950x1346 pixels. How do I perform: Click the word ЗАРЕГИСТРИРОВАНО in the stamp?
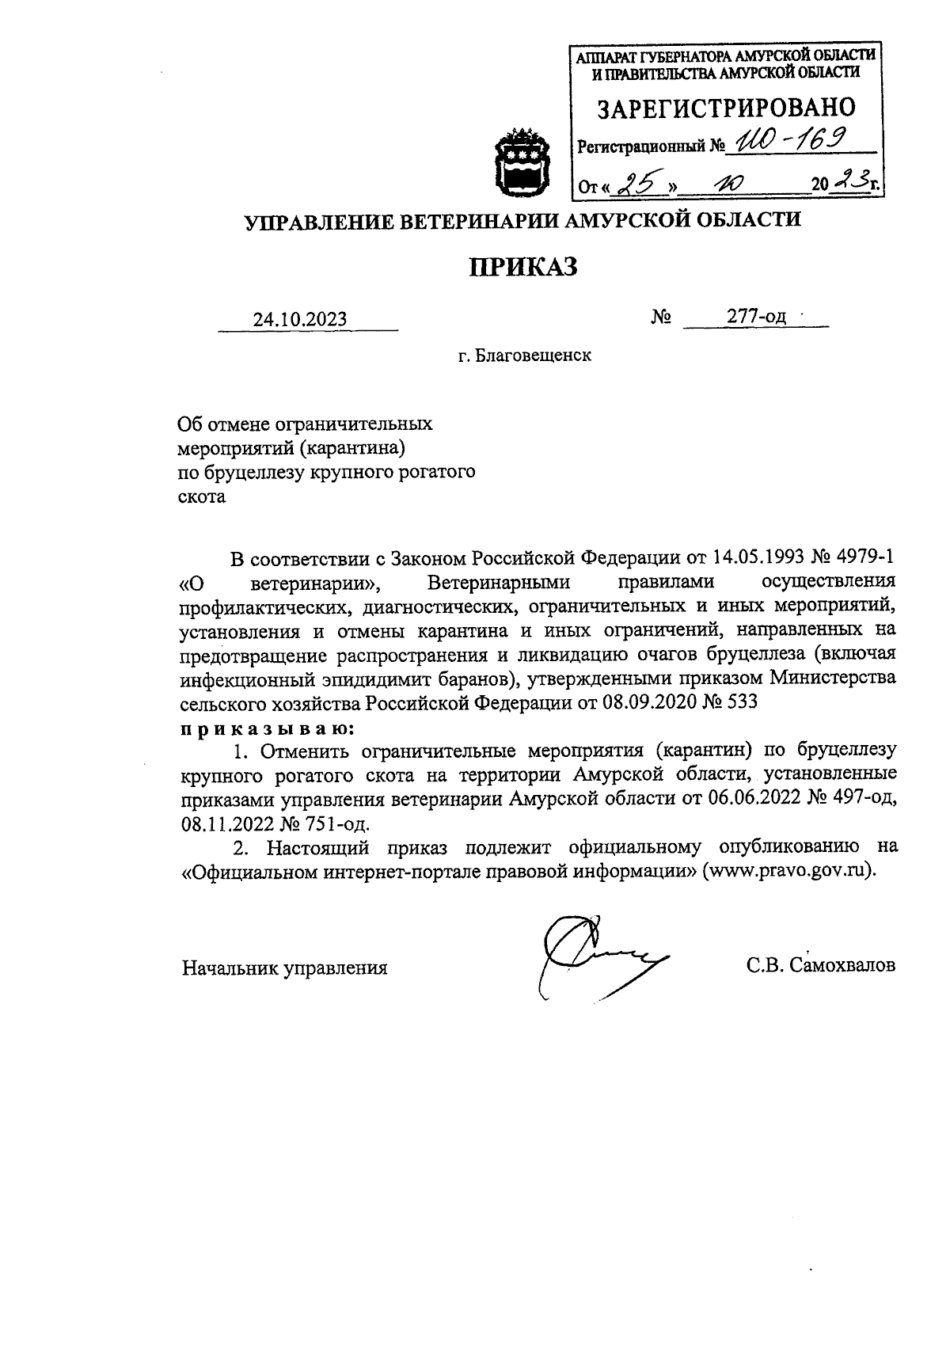pos(726,108)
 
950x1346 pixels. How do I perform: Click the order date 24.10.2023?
pos(300,319)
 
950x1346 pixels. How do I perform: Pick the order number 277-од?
pos(757,317)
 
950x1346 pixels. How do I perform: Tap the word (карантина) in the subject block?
pos(352,448)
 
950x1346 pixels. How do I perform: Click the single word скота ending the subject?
pos(202,497)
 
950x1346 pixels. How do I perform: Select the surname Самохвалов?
pos(842,966)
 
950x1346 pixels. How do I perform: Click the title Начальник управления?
pos(285,968)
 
